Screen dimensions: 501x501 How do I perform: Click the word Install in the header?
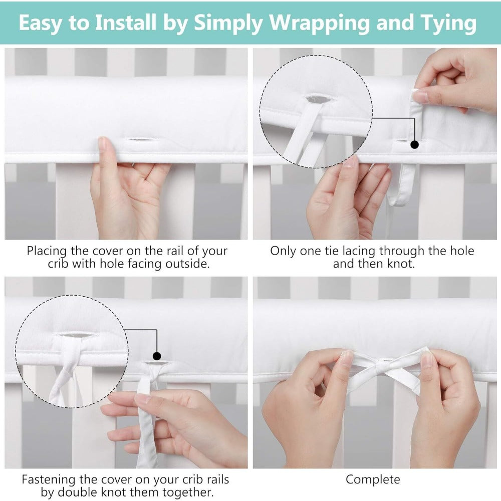(x=126, y=23)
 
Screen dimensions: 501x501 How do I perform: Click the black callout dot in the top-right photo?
(x=414, y=145)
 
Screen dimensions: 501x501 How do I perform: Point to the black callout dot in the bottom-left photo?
(x=156, y=356)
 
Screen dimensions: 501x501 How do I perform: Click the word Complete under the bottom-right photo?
(x=373, y=479)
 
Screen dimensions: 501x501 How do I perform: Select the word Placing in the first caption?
(x=47, y=251)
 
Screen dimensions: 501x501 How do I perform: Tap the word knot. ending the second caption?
(x=401, y=264)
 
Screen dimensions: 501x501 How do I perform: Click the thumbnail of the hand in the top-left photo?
(x=103, y=143)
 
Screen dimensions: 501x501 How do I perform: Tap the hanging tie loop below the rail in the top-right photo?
(x=403, y=185)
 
